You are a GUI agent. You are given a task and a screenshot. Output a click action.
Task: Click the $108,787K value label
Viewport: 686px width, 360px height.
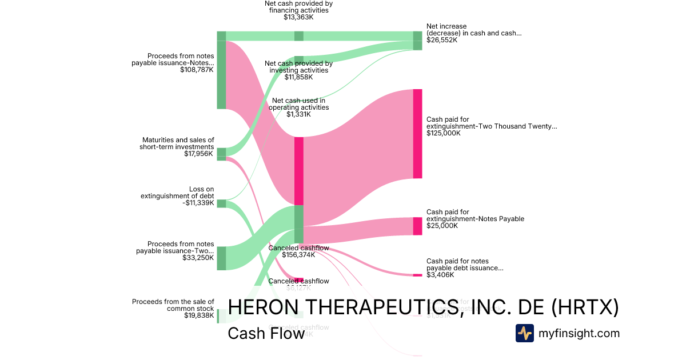197,70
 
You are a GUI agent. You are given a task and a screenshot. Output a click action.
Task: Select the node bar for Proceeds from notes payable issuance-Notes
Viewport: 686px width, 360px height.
221,70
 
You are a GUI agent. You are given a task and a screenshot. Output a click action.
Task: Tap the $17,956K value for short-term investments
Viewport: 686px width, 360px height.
198,153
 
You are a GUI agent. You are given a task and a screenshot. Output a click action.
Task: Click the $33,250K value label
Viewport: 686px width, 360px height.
198,258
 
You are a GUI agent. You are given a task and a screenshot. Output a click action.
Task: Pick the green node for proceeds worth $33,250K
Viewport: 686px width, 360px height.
221,258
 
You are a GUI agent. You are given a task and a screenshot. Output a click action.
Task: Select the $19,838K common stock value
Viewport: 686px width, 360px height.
199,315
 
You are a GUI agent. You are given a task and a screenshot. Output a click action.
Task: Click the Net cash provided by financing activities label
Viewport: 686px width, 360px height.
298,7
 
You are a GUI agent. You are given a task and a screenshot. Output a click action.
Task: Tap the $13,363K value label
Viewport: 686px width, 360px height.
298,17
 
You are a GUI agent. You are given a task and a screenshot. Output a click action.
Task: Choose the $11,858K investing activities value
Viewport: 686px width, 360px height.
298,77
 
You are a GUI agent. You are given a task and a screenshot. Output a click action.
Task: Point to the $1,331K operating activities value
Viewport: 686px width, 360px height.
298,114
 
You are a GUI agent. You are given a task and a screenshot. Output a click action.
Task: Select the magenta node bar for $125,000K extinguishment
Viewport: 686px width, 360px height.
417,133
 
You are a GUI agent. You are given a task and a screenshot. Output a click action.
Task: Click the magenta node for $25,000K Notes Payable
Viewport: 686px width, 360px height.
417,226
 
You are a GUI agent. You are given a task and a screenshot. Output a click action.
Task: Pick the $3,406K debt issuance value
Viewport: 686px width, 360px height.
440,275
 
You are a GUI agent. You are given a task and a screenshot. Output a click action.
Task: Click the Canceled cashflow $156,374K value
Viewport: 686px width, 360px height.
298,255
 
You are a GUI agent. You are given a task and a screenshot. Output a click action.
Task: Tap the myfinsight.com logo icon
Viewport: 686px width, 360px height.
524,333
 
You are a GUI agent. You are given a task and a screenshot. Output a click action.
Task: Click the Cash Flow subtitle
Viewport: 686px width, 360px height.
266,334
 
